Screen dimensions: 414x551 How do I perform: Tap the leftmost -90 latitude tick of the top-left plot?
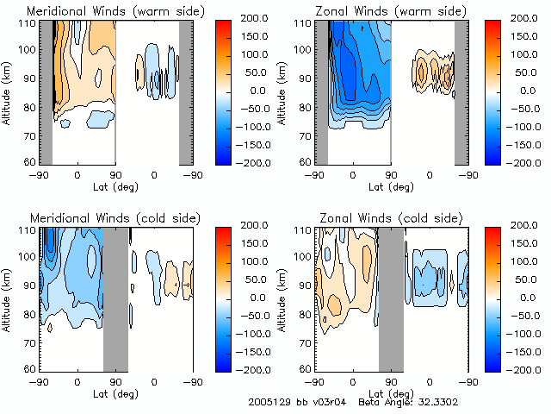(x=38, y=174)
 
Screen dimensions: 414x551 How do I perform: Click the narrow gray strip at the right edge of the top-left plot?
(x=185, y=91)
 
